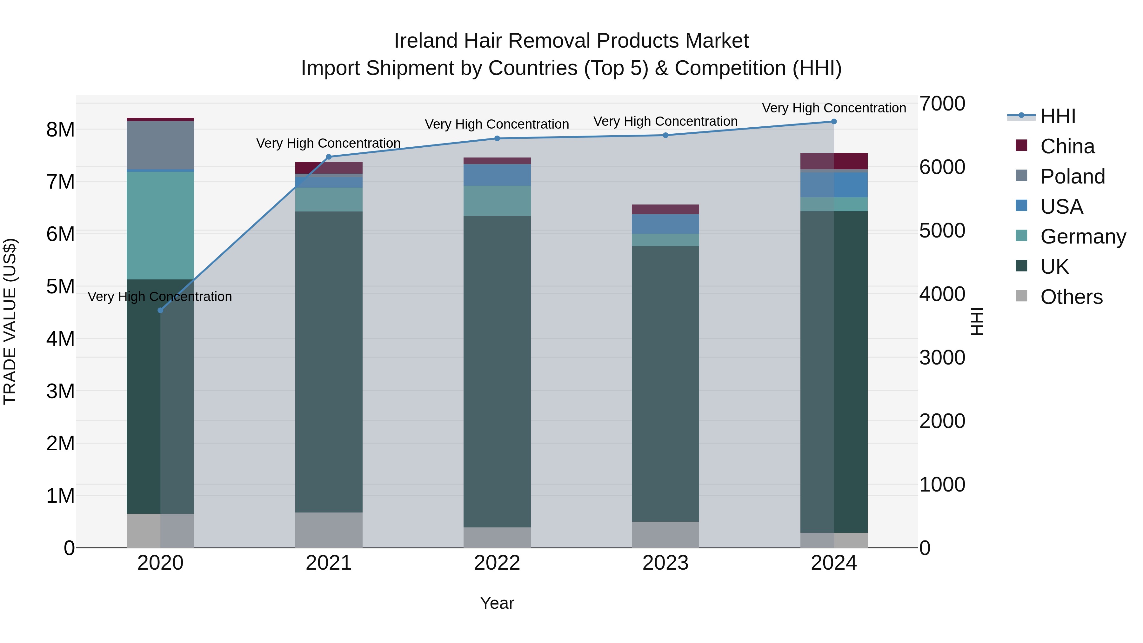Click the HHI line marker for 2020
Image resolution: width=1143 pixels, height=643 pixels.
click(161, 310)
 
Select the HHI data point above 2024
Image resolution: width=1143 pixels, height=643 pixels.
click(834, 122)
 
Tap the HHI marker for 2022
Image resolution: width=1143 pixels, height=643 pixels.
click(497, 138)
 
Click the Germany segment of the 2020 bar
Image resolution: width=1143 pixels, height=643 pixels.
click(160, 225)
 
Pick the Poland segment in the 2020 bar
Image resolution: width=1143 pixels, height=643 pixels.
click(160, 145)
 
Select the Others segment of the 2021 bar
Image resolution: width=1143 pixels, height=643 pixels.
click(329, 530)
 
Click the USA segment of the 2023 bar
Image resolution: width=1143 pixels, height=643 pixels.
click(665, 224)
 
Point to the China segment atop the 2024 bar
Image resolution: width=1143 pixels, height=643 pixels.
click(834, 161)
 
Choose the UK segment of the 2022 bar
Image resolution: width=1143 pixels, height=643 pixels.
click(497, 372)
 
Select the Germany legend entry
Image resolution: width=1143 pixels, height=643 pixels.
click(1083, 237)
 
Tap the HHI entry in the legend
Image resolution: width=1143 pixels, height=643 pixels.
click(1058, 116)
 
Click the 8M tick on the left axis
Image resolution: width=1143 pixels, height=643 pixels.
click(60, 130)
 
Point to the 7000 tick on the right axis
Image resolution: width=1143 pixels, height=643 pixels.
click(942, 104)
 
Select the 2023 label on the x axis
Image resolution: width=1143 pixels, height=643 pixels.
click(665, 563)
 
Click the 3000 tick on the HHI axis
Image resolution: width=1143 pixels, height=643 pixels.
click(942, 358)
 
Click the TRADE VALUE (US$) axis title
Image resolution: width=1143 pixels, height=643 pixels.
click(10, 321)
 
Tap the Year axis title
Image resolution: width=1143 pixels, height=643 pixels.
click(497, 603)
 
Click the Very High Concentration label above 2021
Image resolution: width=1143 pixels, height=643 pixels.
click(328, 143)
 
